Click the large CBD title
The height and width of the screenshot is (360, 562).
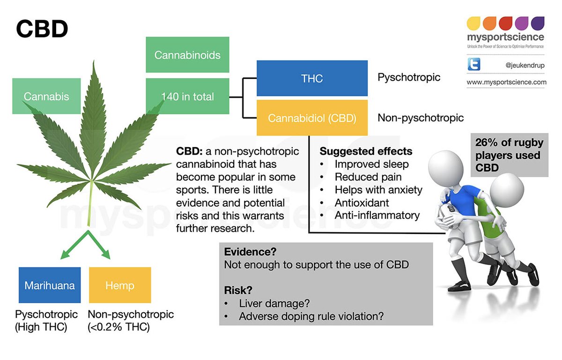coord(42,29)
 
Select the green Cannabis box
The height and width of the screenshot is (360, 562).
coord(46,96)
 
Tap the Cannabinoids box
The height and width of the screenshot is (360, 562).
coord(187,55)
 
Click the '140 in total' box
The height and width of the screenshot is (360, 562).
coord(187,97)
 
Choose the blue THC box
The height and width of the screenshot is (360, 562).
coord(312,78)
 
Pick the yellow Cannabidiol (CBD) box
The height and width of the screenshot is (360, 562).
coord(312,118)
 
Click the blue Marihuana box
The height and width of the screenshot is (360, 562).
coord(50,285)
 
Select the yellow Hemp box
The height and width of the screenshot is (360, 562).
coord(120,285)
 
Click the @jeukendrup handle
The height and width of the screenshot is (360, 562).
coord(525,65)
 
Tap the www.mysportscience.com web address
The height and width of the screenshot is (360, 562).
coord(506,82)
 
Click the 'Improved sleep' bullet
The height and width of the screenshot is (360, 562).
coord(371,164)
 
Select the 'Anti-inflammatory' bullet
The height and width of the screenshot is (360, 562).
coord(377,215)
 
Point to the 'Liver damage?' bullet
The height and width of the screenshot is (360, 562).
coord(274,303)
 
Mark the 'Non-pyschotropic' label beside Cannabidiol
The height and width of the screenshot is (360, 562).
coord(421,118)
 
